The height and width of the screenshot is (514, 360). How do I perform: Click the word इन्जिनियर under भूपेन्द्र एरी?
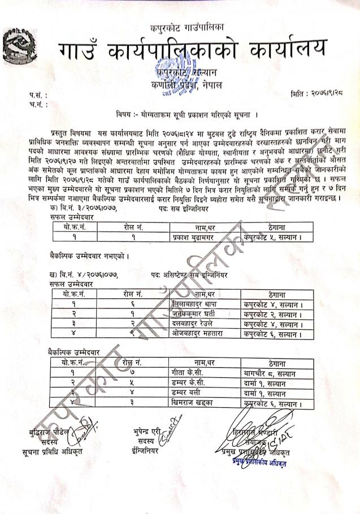click(148, 451)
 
